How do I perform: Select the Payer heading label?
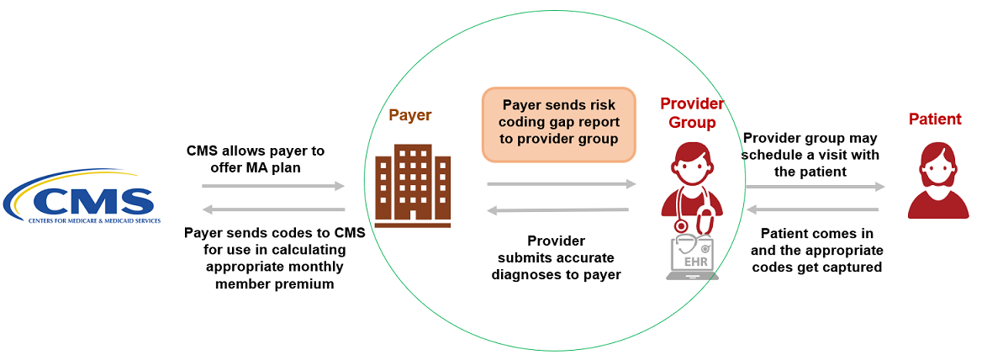410,115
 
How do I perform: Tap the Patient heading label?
935,119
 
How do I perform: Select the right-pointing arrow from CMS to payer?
273,186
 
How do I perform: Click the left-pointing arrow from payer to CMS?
273,209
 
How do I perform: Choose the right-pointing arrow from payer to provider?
561,183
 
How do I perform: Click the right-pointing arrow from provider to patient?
815,187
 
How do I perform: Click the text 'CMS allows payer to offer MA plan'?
256,158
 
